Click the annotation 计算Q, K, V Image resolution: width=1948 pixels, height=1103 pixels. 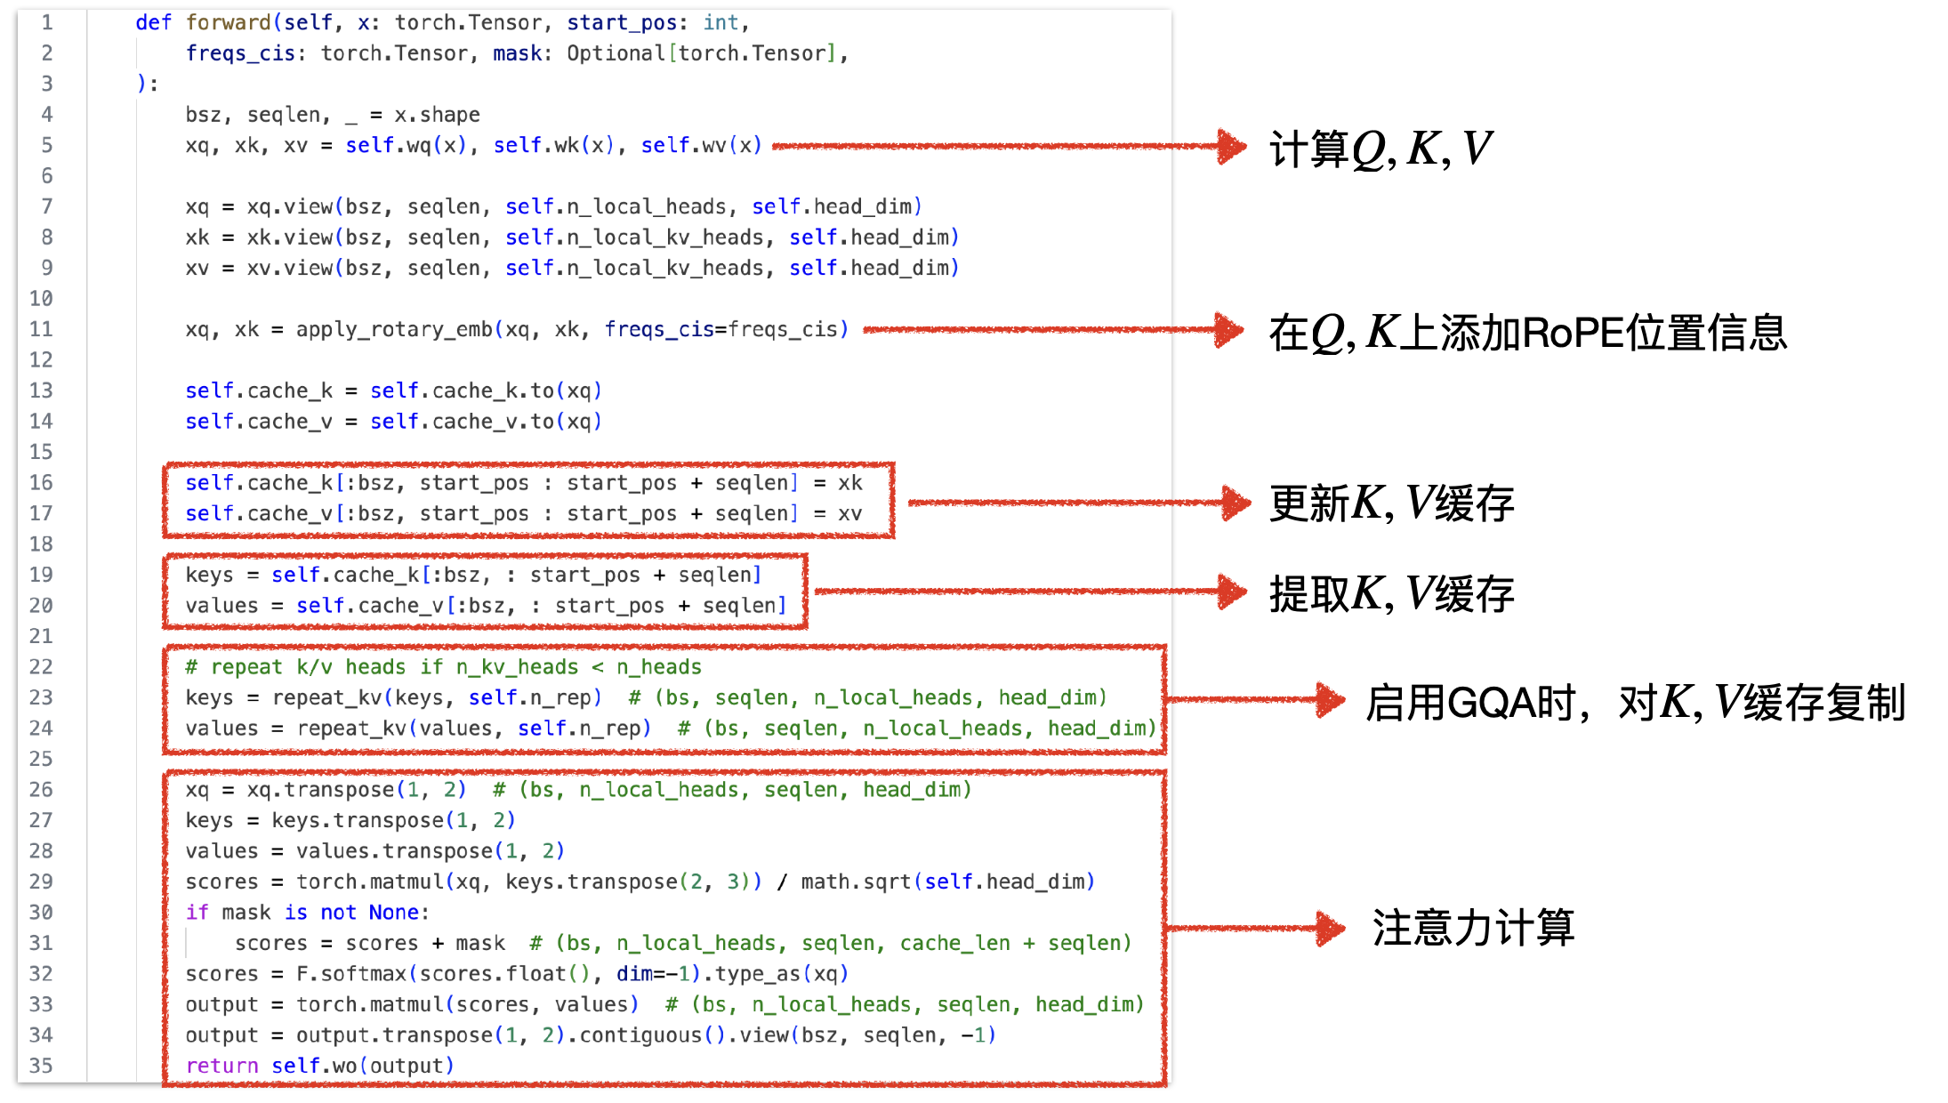(x=1380, y=149)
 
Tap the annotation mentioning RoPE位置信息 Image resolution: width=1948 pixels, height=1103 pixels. (x=1527, y=333)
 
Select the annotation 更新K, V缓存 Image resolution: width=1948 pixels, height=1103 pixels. (x=1391, y=503)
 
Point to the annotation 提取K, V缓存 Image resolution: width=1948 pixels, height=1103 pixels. (x=1391, y=593)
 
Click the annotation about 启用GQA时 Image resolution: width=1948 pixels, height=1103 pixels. (x=1635, y=703)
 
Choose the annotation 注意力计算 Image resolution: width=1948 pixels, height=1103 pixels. (x=1473, y=928)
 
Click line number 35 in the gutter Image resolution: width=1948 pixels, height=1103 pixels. (x=41, y=1066)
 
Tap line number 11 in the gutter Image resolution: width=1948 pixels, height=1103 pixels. (x=41, y=329)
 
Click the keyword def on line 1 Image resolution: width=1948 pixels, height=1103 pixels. (x=153, y=23)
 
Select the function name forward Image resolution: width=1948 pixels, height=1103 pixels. (x=228, y=23)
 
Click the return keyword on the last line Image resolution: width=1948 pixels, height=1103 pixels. (x=221, y=1066)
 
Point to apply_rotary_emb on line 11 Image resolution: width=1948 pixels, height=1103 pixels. (x=394, y=330)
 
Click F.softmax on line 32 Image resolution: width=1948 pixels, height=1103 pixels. (x=350, y=974)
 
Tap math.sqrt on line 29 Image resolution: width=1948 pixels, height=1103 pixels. (x=856, y=882)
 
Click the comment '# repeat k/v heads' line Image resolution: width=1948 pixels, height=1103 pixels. (x=443, y=667)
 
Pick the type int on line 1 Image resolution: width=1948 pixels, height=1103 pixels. (x=720, y=23)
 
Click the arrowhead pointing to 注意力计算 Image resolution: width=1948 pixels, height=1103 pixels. (x=1331, y=929)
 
